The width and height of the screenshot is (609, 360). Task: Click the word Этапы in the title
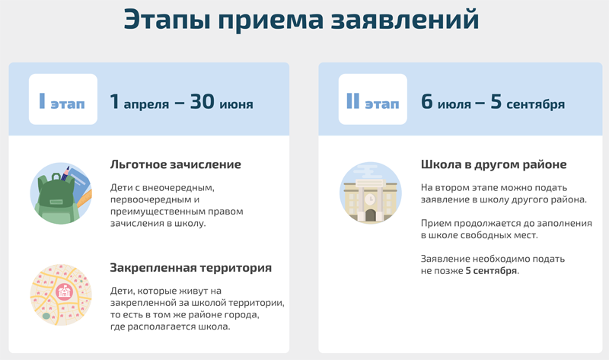point(167,20)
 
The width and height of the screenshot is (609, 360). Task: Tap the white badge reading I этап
point(63,99)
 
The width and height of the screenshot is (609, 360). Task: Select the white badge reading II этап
point(373,99)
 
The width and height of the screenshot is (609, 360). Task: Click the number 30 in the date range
point(202,102)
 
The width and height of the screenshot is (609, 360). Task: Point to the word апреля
point(146,104)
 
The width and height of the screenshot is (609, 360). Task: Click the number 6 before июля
point(427,102)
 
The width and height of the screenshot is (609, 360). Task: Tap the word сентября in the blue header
point(536,104)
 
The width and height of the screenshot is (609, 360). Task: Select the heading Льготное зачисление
point(176,164)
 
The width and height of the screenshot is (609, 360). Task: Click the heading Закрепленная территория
point(191,268)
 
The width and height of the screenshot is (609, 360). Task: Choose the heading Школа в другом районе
point(493,164)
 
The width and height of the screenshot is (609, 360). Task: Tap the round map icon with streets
point(61,295)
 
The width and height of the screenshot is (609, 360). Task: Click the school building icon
point(371,193)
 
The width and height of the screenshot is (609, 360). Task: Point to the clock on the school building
point(370,199)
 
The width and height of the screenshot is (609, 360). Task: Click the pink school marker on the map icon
point(65,292)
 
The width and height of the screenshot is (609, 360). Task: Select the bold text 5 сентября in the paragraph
point(491,271)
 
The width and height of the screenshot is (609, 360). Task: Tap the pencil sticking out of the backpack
point(65,174)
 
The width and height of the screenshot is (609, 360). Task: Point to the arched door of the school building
point(371,215)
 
